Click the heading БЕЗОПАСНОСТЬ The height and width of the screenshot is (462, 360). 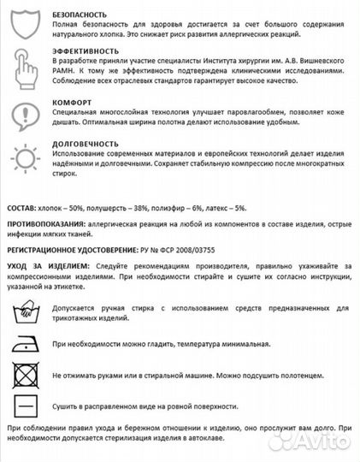point(80,15)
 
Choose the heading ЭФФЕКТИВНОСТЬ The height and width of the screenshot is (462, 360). point(85,52)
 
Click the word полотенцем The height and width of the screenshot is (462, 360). point(300,376)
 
